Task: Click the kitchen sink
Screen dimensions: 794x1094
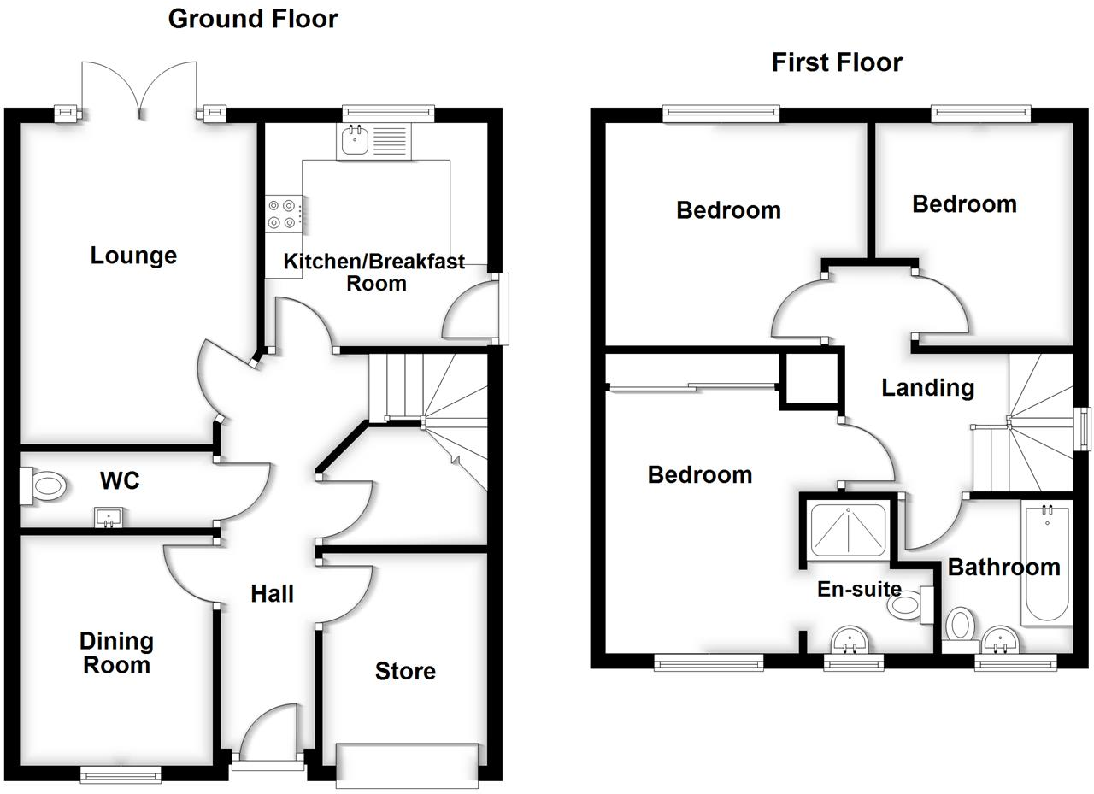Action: pos(354,141)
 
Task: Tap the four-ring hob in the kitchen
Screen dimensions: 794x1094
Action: pos(283,214)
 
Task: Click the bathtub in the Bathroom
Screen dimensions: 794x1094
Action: pos(1044,564)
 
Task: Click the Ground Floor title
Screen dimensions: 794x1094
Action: pos(253,19)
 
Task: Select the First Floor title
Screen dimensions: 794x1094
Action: pos(837,62)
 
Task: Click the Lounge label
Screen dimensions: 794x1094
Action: pos(133,256)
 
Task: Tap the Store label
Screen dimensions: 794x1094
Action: pos(405,672)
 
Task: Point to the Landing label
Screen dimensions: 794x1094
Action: pos(927,388)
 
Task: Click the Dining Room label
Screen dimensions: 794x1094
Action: pos(116,653)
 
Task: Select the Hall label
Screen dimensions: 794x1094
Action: pos(272,593)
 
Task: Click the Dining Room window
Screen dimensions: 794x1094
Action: pos(121,773)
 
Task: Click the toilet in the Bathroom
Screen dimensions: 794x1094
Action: pos(961,625)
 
